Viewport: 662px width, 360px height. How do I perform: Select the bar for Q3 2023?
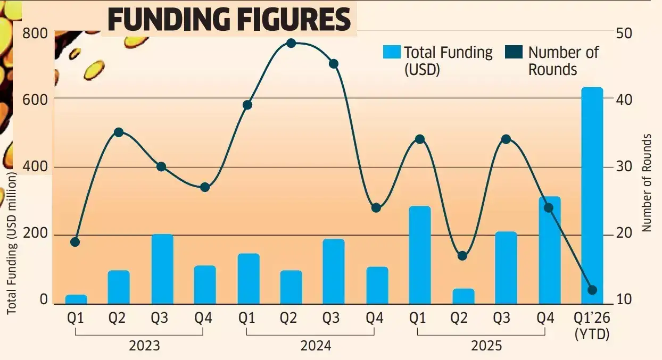[162, 269]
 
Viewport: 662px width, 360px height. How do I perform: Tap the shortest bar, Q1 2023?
[76, 299]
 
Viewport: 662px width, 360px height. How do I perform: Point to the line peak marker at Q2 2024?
[291, 43]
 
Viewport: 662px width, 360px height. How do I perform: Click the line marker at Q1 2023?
[75, 242]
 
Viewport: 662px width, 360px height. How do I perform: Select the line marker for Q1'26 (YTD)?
[592, 290]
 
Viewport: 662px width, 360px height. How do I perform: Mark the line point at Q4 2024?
[376, 207]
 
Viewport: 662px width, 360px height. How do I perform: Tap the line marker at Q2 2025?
[462, 256]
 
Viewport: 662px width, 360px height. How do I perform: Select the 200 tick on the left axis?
[36, 235]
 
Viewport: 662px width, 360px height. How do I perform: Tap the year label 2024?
[315, 346]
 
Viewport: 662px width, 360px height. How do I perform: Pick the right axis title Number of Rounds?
[647, 182]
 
